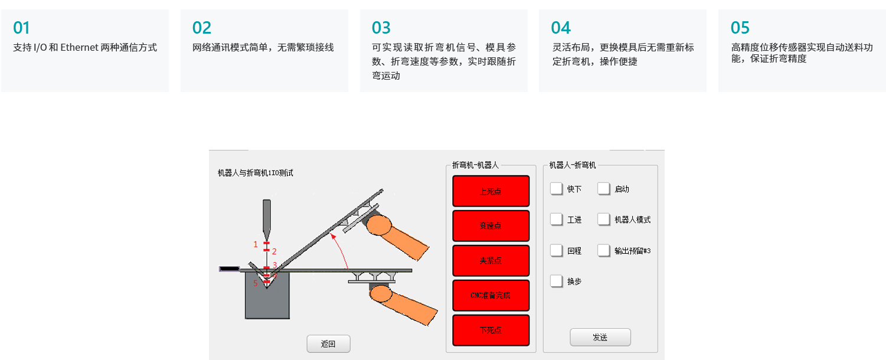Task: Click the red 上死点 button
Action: tap(491, 191)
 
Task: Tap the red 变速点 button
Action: tap(491, 226)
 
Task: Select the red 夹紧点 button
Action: tap(491, 261)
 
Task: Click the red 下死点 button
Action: tap(491, 330)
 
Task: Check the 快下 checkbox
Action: tap(556, 189)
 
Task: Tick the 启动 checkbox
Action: tap(604, 189)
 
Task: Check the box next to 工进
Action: tap(556, 219)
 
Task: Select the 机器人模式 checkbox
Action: tap(604, 219)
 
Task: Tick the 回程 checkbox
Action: tap(556, 250)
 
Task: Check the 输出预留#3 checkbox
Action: tap(604, 250)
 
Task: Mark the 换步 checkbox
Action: tap(556, 282)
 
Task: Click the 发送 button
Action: tap(600, 337)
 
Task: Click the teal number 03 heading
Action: tap(381, 28)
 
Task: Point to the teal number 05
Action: tap(740, 28)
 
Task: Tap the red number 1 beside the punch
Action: tap(256, 244)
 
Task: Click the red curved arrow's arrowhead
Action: tap(333, 237)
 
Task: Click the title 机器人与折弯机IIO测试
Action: tap(256, 173)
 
